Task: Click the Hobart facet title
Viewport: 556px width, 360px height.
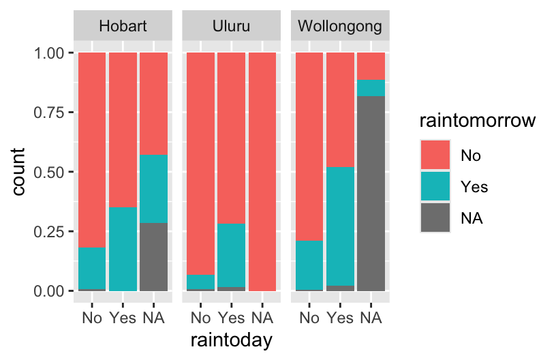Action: click(x=123, y=27)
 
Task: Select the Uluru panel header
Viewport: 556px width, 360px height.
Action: click(x=231, y=27)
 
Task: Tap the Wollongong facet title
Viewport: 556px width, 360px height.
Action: click(x=340, y=27)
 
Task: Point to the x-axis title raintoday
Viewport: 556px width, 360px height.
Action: click(x=231, y=340)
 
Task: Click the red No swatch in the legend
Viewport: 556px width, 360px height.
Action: click(x=434, y=155)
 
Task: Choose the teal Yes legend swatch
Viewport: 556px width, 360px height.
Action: click(x=434, y=186)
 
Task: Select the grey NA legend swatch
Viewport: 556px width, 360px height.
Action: click(x=434, y=217)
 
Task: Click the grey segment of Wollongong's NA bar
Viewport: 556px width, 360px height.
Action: click(x=371, y=194)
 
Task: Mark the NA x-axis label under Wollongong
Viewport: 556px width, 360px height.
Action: click(x=371, y=318)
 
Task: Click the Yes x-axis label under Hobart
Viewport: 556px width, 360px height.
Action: click(x=123, y=318)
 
